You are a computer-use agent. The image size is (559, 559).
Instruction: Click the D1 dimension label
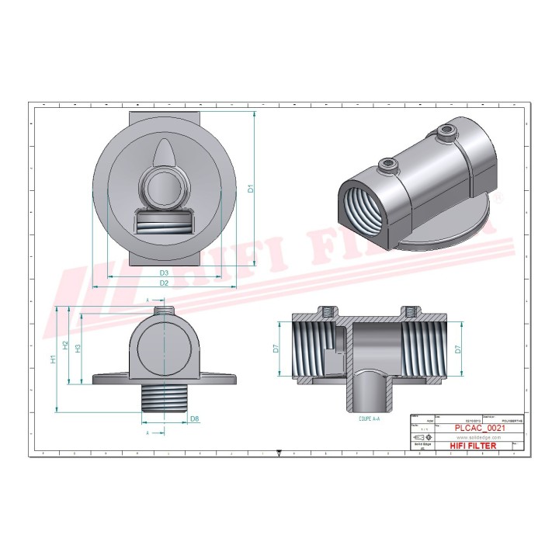(x=250, y=188)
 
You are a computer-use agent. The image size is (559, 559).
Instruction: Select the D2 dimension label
(x=164, y=283)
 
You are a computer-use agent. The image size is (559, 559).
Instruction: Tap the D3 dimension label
(x=164, y=273)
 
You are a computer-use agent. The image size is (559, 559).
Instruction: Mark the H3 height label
(x=78, y=348)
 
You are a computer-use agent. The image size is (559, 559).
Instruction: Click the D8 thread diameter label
(x=195, y=419)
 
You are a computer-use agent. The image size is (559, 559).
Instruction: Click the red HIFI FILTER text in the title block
(x=473, y=446)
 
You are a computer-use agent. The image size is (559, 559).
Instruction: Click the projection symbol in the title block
(x=425, y=437)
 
